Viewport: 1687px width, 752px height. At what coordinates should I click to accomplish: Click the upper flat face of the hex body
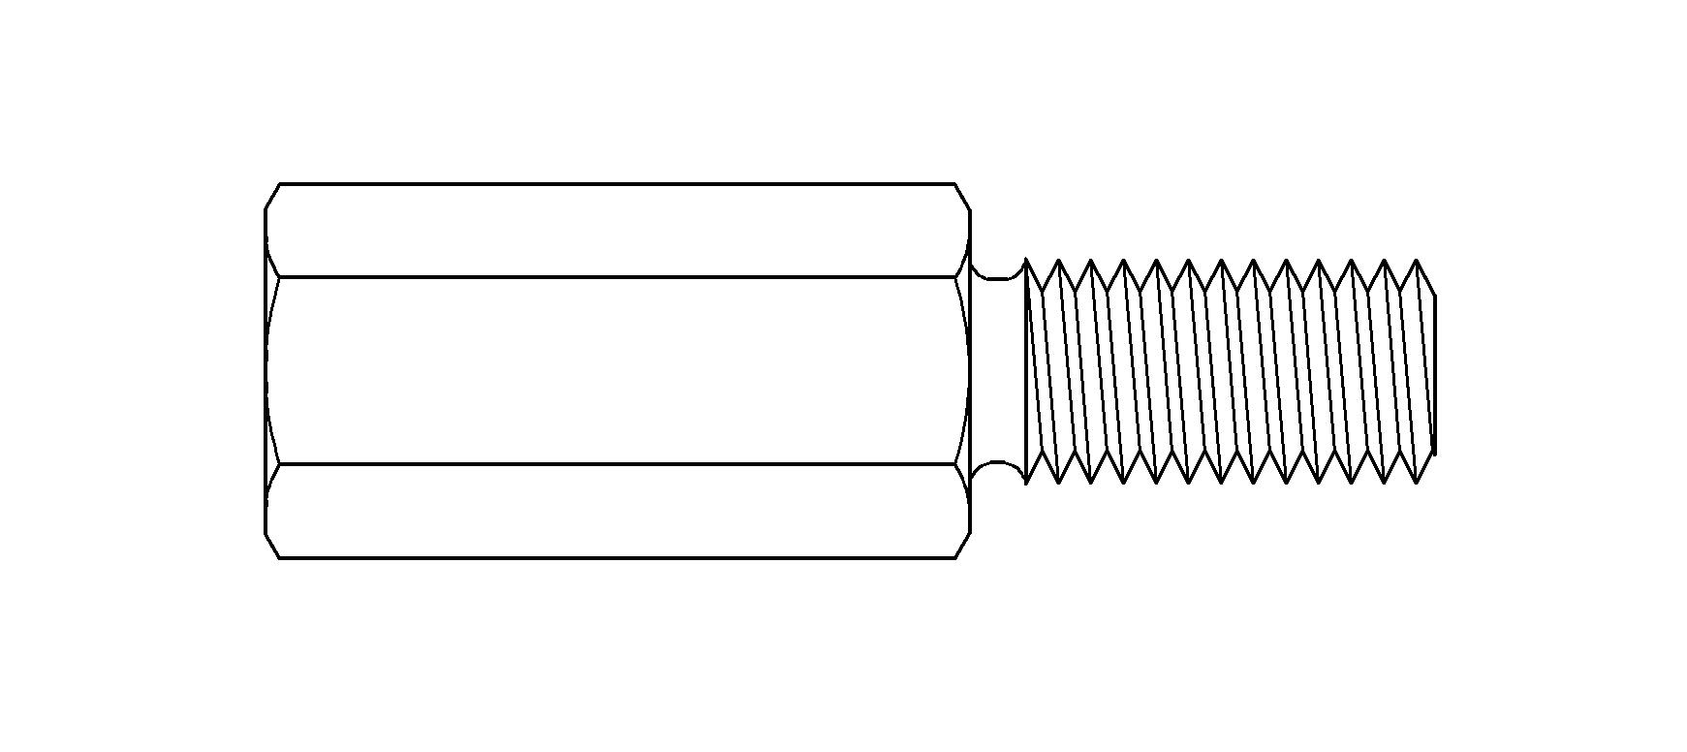[x=616, y=231]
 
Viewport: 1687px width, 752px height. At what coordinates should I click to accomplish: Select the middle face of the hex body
[x=616, y=370]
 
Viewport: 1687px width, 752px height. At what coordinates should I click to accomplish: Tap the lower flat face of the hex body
[x=616, y=511]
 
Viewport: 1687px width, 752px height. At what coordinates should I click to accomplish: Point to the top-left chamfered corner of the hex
[x=272, y=196]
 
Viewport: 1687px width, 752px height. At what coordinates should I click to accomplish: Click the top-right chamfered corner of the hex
[x=963, y=196]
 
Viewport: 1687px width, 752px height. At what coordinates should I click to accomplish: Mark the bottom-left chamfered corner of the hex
[x=272, y=546]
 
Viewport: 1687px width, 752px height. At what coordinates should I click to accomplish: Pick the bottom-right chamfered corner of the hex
[x=963, y=546]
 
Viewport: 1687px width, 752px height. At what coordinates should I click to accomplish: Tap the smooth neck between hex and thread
[x=998, y=370]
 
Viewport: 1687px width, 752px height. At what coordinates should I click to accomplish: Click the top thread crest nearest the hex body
[x=1059, y=261]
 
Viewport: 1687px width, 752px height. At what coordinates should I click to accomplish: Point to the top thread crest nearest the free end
[x=1417, y=261]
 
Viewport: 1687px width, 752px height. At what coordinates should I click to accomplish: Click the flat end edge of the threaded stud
[x=1434, y=373]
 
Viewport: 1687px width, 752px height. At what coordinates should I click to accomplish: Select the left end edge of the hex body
[x=266, y=370]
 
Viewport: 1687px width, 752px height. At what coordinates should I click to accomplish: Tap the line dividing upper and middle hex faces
[x=616, y=277]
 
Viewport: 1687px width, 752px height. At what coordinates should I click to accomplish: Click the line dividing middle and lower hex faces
[x=616, y=464]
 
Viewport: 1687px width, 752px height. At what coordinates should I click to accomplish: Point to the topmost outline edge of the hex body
[x=616, y=183]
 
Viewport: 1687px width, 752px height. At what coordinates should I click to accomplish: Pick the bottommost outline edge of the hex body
[x=616, y=557]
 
